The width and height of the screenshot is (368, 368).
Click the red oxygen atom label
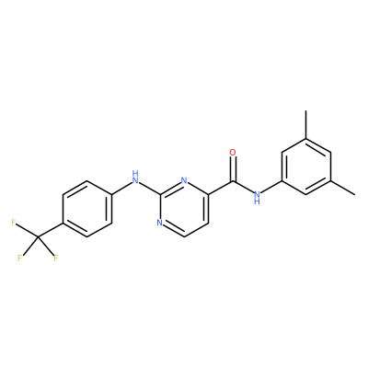(233, 152)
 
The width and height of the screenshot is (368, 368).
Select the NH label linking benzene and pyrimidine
(135, 177)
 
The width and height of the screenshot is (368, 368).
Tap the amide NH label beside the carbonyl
(257, 197)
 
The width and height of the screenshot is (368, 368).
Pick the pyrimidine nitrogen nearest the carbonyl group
(184, 180)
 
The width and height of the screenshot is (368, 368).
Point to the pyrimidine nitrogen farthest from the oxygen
(159, 223)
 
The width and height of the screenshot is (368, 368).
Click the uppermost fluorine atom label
(14, 223)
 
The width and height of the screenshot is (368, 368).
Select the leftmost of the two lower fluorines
(20, 258)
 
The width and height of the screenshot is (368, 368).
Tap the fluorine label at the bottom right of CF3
(55, 258)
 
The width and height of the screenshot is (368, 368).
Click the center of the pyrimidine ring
(184, 209)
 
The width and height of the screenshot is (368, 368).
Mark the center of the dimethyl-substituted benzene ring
(306, 167)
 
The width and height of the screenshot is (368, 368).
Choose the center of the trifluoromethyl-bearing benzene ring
(87, 209)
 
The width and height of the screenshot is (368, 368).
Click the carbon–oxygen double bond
(233, 169)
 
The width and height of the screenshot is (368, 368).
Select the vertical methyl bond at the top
(306, 124)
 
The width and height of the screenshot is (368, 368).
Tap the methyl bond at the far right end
(343, 188)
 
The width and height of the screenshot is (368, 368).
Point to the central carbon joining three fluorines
(38, 236)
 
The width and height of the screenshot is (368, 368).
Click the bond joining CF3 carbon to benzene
(51, 230)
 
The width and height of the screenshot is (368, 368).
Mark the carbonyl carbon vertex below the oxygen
(233, 181)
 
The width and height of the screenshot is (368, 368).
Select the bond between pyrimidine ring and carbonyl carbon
(221, 188)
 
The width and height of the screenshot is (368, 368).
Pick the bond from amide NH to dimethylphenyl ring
(271, 186)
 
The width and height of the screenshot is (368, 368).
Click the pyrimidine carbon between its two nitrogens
(159, 194)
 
